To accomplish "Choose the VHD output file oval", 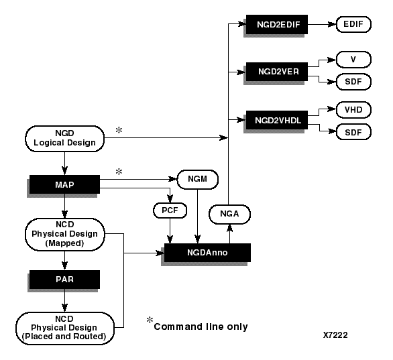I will tap(352, 109).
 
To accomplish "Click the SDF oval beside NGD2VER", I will tap(352, 82).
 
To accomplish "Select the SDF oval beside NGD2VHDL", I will tap(352, 131).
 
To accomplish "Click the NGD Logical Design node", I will tap(64, 137).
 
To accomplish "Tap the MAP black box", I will tap(64, 184).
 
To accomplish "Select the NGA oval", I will tap(229, 215).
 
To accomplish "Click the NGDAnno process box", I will tap(207, 253).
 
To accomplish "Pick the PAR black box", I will tap(64, 279).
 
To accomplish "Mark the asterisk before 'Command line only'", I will tap(150, 320).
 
